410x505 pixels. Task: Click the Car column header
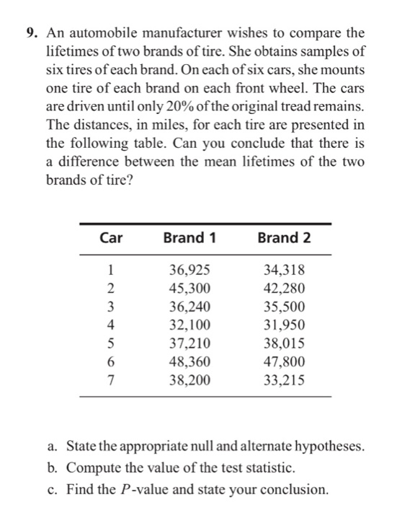tap(110, 238)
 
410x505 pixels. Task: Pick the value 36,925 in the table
tap(190, 271)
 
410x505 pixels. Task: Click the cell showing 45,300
tap(190, 289)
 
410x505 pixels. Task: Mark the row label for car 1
tap(110, 271)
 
